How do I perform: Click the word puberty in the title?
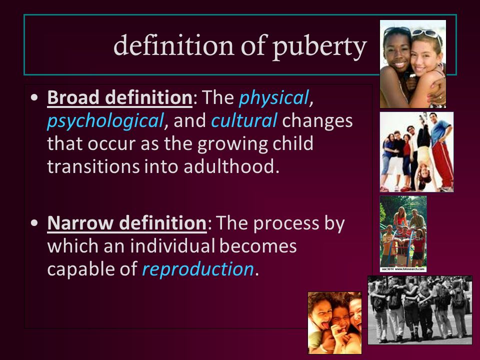pos(319,47)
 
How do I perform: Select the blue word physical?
pos(273,98)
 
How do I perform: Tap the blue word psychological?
pos(105,121)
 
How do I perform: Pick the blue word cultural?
pos(244,120)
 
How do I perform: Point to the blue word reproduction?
pos(198,269)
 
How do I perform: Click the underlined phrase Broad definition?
pos(119,97)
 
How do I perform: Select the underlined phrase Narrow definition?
pos(127,223)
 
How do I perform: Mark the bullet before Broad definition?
pos(34,97)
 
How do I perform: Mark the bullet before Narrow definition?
pos(34,223)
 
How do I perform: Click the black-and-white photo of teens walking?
pos(419,310)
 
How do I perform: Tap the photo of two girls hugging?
pos(413,64)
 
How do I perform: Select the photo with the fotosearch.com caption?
pos(403,234)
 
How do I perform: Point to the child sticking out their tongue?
pos(321,318)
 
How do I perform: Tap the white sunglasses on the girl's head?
pos(427,33)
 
